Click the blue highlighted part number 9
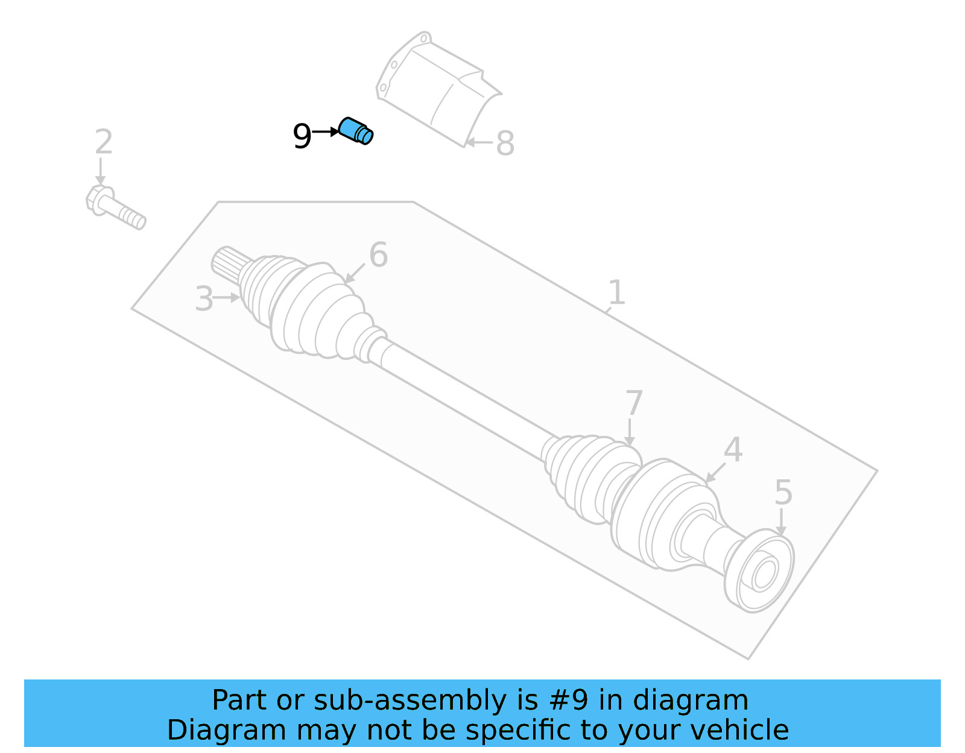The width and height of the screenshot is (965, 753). point(356,131)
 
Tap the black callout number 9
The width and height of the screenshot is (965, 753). point(302,136)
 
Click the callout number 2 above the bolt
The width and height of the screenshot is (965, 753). point(104,142)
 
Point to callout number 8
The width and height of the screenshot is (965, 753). point(505,144)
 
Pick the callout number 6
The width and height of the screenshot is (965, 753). point(378,254)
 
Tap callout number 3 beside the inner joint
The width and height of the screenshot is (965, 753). point(204,299)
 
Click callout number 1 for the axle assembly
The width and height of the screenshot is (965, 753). point(616,292)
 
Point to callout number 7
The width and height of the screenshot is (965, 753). point(633,403)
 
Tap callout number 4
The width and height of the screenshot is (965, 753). point(733,450)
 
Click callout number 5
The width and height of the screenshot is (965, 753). point(783,493)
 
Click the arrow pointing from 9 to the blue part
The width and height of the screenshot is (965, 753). point(326,131)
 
